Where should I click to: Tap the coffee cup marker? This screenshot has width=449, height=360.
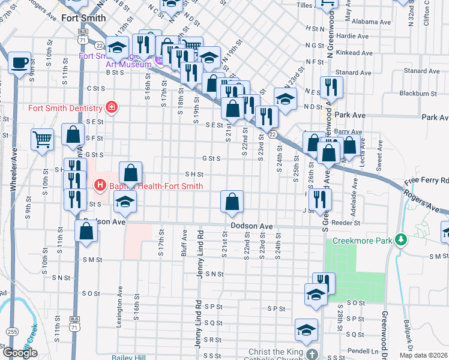pos(19,62)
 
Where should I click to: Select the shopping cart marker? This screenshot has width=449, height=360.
pos(42,139)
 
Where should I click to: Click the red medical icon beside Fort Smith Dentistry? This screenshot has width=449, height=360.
pos(110,108)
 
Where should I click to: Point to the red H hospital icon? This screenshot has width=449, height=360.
pos(100,185)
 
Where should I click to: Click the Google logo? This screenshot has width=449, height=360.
pos(20,353)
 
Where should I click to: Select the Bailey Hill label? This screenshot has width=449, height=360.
pos(136,357)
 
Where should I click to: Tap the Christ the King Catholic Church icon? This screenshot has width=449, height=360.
pos(310,355)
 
